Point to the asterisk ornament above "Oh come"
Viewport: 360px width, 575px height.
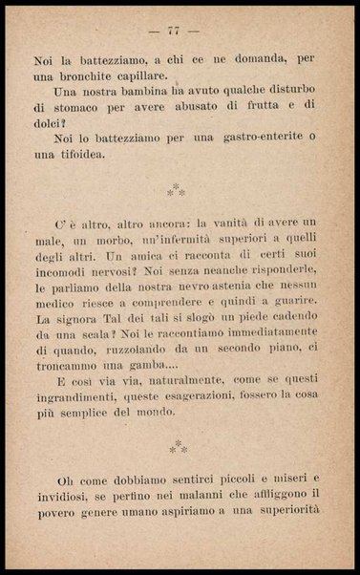(x=177, y=445)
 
